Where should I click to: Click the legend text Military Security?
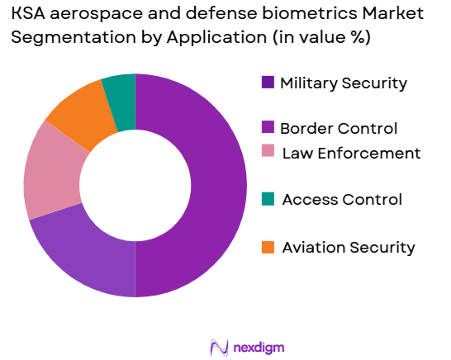coord(344,83)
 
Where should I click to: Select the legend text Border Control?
coord(339,128)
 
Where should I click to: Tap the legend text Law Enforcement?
coord(351,153)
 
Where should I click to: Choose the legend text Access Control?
coord(342,199)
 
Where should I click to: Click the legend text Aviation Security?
coord(349,247)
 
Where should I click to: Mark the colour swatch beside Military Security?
coord(268,83)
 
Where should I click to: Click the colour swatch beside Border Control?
coord(268,128)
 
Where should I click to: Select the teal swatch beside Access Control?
coord(268,199)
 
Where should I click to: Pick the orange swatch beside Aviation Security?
coord(268,247)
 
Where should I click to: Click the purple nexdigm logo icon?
coord(220,347)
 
